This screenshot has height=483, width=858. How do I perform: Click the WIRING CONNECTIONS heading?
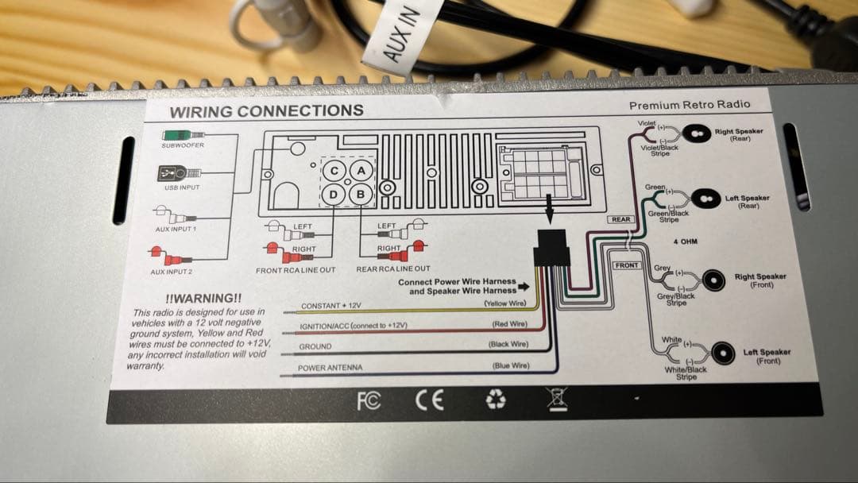[266, 111]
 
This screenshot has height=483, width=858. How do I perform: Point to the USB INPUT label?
[182, 187]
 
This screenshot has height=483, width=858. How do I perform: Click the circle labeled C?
[334, 171]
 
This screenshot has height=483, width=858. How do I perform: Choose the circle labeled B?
[361, 193]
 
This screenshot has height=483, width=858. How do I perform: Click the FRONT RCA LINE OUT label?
[296, 270]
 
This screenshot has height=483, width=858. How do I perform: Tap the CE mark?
[430, 400]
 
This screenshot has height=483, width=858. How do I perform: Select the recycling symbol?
[496, 400]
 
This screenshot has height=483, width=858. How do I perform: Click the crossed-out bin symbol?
[557, 399]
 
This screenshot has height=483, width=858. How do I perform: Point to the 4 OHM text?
[686, 241]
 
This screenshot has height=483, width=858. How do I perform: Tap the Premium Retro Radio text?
[689, 105]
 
